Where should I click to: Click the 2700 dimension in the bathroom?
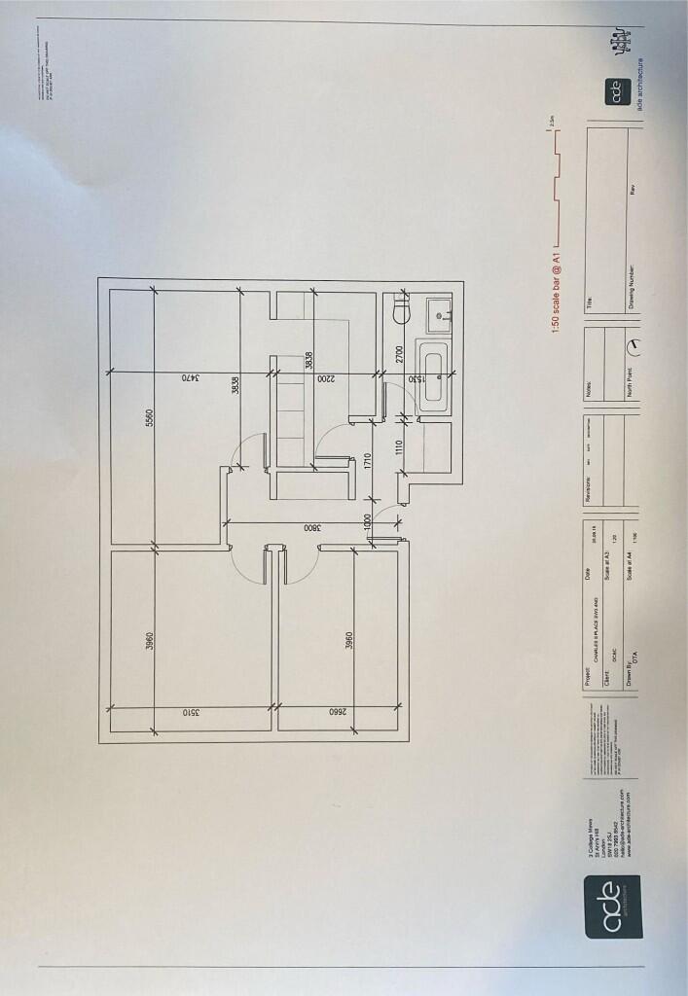pos(398,356)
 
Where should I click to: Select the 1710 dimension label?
pos(368,461)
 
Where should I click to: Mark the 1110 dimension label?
pos(398,449)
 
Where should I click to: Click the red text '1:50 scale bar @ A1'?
pos(558,291)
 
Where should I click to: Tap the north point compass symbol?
pos(634,345)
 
